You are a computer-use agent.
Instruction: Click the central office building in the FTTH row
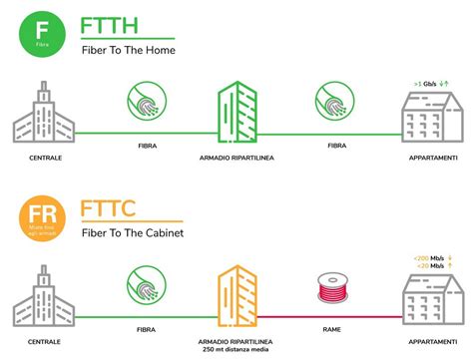click(42, 118)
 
